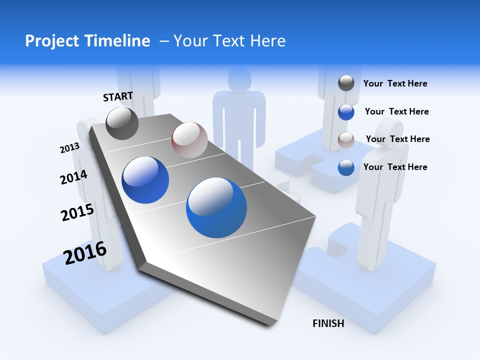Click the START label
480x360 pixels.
click(118, 96)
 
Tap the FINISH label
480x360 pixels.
click(328, 323)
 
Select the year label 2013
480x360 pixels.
click(69, 148)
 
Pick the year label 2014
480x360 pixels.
click(73, 177)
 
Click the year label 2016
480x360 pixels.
click(85, 253)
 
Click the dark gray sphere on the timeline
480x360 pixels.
click(122, 123)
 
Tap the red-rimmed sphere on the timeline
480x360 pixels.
click(189, 140)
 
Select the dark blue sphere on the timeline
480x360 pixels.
click(145, 180)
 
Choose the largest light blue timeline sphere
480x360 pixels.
click(216, 207)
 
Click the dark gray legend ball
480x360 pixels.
click(346, 83)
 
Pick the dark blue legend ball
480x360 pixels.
click(346, 112)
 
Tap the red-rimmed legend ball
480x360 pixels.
click(346, 140)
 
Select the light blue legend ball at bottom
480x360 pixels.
click(346, 168)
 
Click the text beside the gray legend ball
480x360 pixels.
click(395, 84)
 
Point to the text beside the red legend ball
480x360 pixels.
click(397, 139)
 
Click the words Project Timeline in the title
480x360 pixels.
click(87, 41)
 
